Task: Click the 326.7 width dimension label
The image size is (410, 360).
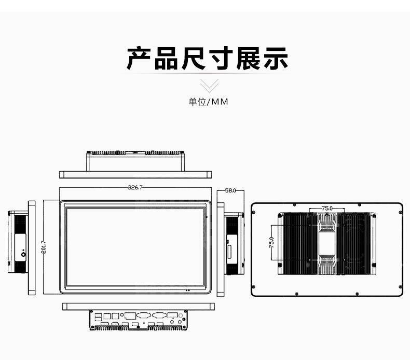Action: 135,187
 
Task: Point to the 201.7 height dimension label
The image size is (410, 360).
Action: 44,247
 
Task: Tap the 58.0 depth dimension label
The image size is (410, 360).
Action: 230,190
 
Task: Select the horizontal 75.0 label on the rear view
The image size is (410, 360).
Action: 327,209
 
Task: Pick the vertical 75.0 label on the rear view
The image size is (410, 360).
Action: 271,242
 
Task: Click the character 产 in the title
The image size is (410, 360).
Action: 139,58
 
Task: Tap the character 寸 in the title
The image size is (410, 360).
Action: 221,58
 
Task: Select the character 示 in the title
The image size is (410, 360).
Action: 276,58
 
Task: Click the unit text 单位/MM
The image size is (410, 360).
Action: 209,102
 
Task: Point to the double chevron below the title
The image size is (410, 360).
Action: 209,86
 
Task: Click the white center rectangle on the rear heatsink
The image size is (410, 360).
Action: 327,243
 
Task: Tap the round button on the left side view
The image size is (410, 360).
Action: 23,254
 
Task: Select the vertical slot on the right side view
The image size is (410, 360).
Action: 229,252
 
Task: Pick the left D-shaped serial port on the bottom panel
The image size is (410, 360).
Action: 144,315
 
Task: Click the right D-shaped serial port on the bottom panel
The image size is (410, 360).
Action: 160,315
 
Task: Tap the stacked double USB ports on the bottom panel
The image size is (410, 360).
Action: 98,316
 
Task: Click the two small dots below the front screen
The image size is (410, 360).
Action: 187,290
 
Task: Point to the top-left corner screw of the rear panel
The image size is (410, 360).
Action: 253,213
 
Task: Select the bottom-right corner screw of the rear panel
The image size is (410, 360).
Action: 400,286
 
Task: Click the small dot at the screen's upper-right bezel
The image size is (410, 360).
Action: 207,217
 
